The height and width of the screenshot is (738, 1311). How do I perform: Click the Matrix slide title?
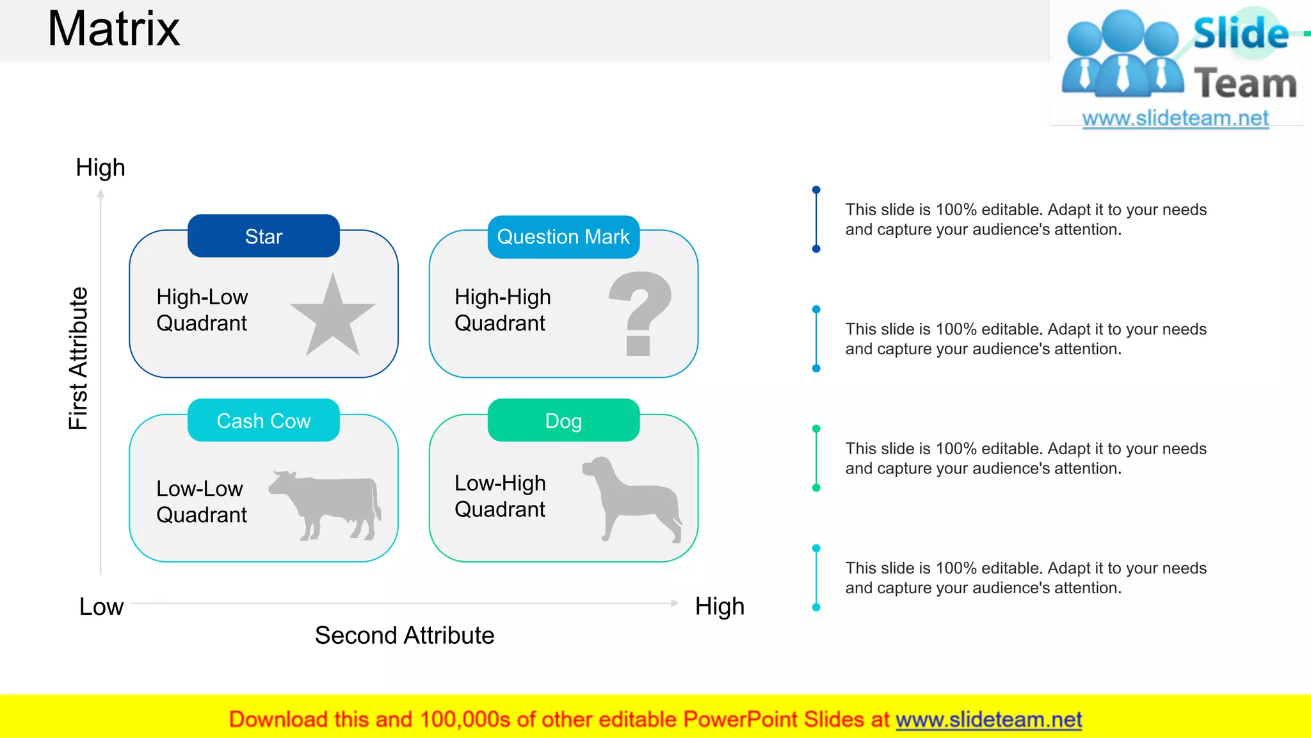[114, 29]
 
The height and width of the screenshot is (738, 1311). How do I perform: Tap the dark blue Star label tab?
[263, 236]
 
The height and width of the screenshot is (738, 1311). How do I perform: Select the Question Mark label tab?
[563, 237]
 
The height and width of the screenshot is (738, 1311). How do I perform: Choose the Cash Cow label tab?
[263, 421]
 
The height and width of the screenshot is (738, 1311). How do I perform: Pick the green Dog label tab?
[563, 421]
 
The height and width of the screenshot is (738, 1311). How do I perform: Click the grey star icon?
[333, 318]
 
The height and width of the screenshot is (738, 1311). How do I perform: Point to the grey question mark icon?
[639, 313]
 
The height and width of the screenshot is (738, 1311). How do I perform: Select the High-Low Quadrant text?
[202, 310]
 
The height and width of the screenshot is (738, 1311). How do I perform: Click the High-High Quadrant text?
[503, 310]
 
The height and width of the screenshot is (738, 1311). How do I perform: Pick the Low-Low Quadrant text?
[201, 502]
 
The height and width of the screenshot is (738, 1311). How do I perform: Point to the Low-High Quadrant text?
[500, 496]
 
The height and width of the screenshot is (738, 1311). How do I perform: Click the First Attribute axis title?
[78, 359]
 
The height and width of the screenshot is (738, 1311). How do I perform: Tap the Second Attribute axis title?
[405, 635]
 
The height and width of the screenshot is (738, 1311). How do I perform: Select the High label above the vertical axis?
[101, 168]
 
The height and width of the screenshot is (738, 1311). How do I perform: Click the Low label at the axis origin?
[101, 607]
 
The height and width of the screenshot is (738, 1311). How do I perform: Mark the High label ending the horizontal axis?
[720, 607]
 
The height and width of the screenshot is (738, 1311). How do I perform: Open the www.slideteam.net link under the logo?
[1175, 119]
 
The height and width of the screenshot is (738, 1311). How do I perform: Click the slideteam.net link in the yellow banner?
[988, 720]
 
